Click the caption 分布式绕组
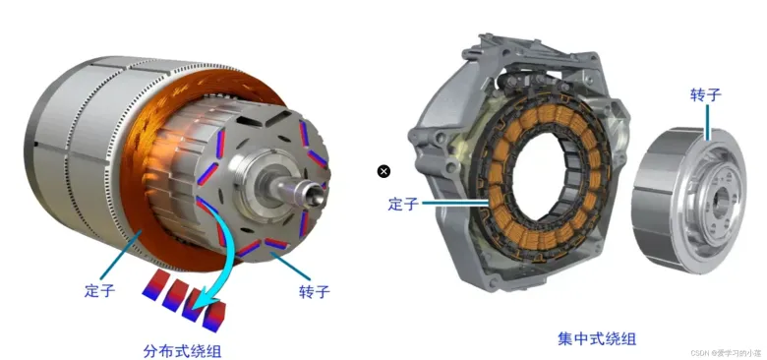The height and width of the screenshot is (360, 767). coord(182,350)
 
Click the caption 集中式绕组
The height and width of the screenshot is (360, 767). coord(597,338)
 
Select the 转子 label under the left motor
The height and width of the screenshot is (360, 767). coord(314,291)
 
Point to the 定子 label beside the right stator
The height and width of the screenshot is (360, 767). coord(403,203)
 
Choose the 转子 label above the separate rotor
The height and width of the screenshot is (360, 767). coord(706,94)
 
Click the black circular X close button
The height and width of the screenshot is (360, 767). coord(383,171)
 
